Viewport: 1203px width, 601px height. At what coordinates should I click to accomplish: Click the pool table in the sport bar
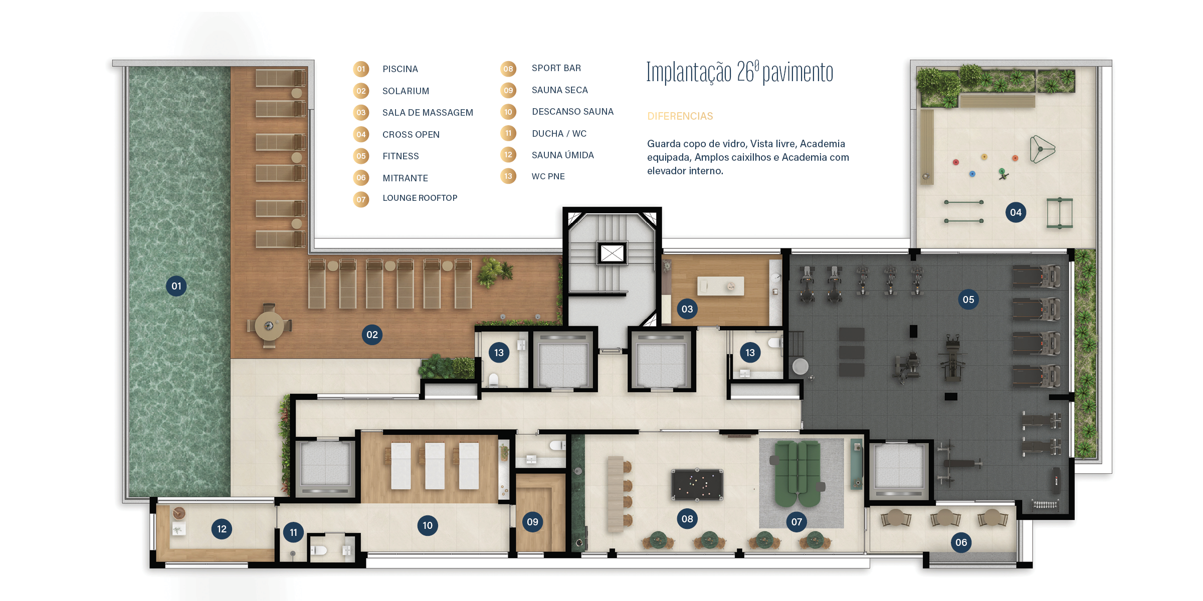697,485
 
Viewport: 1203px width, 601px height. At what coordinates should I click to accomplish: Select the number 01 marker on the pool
176,286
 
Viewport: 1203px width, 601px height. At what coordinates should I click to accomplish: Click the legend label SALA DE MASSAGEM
428,113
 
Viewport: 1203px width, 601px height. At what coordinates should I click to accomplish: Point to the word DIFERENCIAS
680,116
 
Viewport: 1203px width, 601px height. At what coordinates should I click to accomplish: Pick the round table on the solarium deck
269,326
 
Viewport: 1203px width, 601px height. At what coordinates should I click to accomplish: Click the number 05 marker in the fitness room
968,299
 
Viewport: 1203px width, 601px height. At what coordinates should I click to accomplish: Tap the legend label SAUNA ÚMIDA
562,155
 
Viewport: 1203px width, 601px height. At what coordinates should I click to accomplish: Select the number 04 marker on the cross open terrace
1016,212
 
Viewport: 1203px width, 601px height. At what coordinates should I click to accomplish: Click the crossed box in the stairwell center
612,253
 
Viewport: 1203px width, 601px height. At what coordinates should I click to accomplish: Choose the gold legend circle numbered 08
508,69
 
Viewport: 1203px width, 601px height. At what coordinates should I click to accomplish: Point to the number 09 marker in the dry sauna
532,522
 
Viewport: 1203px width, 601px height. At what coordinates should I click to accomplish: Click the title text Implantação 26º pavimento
740,73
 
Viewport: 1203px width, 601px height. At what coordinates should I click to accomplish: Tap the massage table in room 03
720,286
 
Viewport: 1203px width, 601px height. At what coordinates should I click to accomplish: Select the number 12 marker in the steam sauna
222,529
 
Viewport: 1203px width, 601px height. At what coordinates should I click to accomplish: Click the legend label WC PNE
548,176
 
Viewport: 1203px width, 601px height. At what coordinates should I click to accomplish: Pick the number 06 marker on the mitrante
961,542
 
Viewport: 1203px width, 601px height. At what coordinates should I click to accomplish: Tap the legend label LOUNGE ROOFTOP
420,198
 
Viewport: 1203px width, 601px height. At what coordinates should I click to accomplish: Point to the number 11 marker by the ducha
293,532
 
